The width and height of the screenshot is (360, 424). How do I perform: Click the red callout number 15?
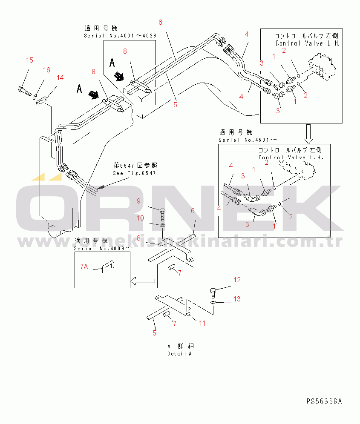coord(29,60)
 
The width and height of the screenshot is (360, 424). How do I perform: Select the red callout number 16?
coord(46,70)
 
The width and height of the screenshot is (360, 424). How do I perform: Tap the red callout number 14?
coord(60,77)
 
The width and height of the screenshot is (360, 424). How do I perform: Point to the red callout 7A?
coord(84,266)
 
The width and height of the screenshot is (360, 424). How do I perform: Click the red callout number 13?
coord(237,299)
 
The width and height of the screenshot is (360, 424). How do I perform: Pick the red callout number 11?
coord(202,323)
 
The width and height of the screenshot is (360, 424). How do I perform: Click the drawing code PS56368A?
coord(324,401)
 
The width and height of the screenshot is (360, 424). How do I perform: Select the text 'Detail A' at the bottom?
coord(179,354)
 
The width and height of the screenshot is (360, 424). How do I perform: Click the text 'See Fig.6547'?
coord(134,173)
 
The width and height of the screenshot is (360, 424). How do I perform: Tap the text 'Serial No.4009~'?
coord(103,248)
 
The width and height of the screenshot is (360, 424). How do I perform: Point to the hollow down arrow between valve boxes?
coord(308,134)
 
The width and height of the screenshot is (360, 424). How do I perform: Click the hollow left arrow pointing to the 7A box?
coord(142,280)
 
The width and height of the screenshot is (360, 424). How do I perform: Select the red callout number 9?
coord(138,201)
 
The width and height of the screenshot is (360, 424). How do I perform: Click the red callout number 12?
coord(237,280)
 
